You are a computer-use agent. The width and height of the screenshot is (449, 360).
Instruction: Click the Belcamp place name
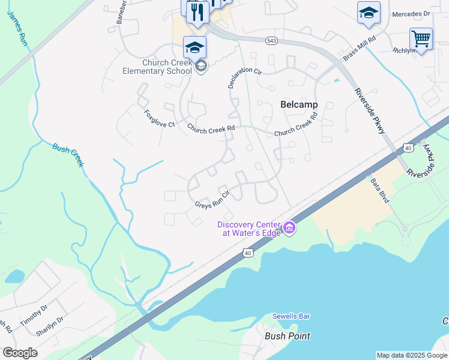(x=299, y=104)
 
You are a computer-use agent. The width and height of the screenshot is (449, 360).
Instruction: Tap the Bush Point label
(x=288, y=336)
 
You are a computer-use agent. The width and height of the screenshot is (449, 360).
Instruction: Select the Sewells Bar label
(x=291, y=316)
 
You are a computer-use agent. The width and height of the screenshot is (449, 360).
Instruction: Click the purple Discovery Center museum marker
(x=289, y=227)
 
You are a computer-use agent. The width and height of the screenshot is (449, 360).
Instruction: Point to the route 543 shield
(x=271, y=40)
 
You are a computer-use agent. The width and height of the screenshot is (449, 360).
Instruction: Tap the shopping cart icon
(x=421, y=38)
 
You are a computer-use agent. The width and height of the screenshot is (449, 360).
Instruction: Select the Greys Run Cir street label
(x=213, y=200)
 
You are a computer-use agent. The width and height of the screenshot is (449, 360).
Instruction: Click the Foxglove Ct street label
(x=159, y=118)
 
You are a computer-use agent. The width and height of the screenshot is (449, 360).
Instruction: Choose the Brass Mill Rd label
(x=360, y=47)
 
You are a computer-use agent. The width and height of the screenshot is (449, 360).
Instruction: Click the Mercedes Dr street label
(x=411, y=14)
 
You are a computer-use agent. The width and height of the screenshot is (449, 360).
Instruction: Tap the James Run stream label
(x=17, y=29)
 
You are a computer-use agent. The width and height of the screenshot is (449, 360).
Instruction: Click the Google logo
(x=20, y=353)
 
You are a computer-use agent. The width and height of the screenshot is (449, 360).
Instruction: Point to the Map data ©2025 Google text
(x=412, y=355)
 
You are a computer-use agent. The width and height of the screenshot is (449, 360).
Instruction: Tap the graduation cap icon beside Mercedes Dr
(x=369, y=11)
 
